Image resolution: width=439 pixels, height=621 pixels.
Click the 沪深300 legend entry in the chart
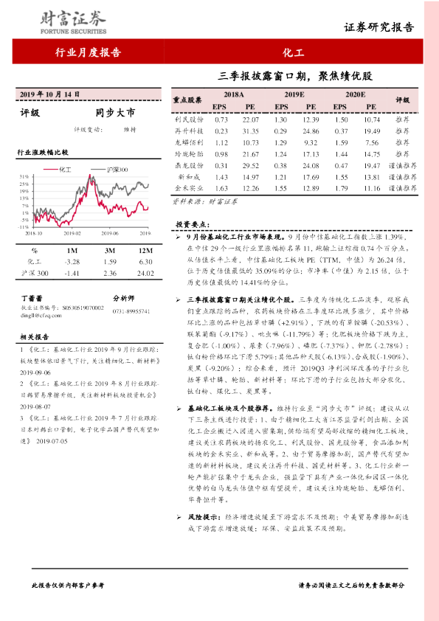117,169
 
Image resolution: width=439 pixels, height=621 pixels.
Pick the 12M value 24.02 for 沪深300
145,273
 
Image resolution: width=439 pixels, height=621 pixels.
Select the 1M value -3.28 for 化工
72,261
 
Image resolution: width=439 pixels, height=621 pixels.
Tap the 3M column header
108,250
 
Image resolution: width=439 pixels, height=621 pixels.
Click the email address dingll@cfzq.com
38,313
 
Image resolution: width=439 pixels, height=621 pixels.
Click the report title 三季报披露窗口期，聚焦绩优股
296,76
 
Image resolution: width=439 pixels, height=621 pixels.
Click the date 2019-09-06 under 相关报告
35,373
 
